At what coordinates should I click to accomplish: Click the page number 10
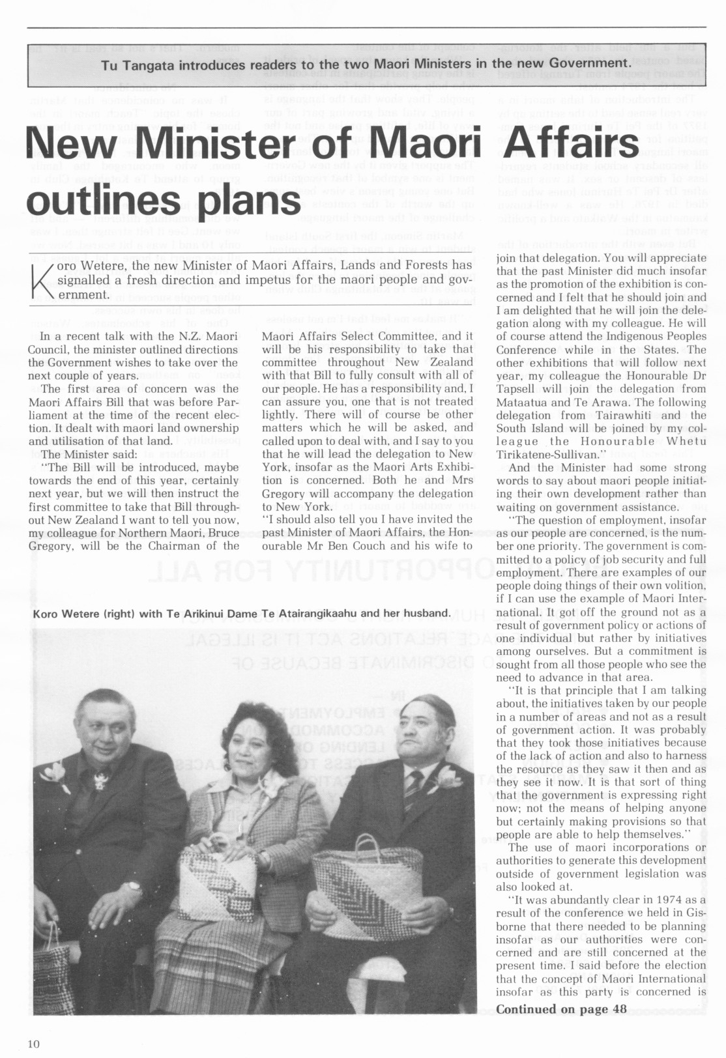[34, 1044]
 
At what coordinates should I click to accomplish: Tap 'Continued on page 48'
[561, 1009]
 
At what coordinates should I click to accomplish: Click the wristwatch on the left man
[133, 887]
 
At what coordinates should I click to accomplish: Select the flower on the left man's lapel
[53, 773]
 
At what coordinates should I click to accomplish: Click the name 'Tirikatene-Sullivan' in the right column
[545, 454]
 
